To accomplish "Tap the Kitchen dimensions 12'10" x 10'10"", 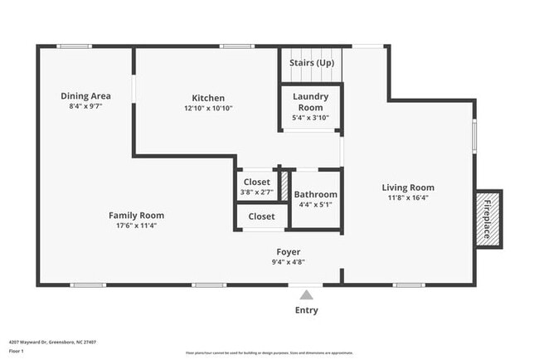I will (x=208, y=108).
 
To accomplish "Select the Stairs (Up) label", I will (x=312, y=63).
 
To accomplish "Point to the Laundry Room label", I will (x=311, y=102).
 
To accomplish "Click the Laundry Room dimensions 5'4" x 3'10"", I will (x=311, y=118).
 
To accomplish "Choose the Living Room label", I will (x=408, y=187).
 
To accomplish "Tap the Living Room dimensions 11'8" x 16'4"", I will (x=408, y=198).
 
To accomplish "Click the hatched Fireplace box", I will (x=487, y=217).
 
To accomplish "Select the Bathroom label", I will (x=316, y=195).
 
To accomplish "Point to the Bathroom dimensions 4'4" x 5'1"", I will (x=316, y=205).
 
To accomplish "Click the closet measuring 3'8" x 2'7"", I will (x=256, y=187).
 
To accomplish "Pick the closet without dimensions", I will (x=261, y=216).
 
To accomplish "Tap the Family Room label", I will (x=137, y=216).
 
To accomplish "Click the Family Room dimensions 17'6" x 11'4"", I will (x=137, y=226).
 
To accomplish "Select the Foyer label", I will (x=289, y=251).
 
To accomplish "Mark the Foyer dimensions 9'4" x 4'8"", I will (x=289, y=262).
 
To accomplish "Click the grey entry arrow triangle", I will (x=307, y=294).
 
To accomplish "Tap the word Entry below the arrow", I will (x=306, y=310).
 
